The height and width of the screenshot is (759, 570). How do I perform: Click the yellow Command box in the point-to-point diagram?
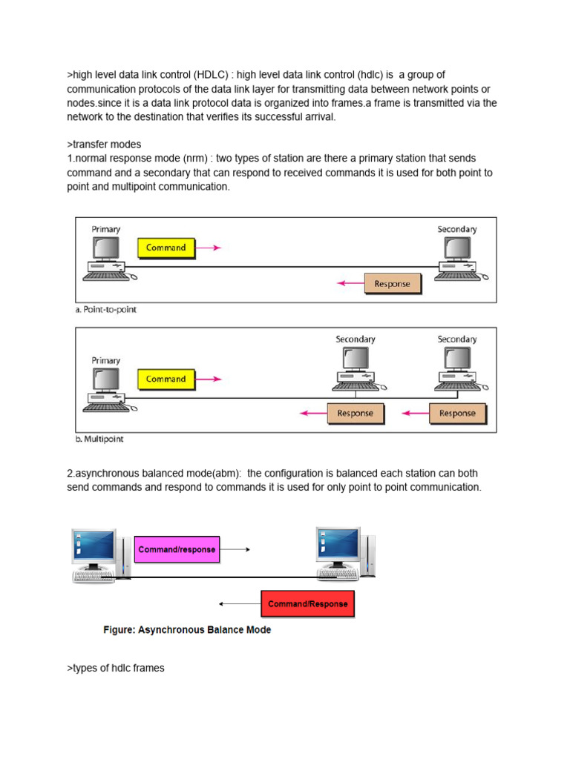click(166, 248)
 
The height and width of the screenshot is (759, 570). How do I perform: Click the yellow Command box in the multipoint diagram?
click(166, 379)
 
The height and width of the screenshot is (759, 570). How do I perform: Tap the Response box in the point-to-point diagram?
click(392, 284)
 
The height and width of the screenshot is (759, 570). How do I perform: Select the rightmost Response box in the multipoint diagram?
click(457, 414)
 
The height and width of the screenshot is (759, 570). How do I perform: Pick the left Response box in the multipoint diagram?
click(356, 414)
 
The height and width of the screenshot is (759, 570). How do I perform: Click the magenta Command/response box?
click(177, 550)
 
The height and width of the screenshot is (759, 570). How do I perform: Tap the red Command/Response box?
click(308, 604)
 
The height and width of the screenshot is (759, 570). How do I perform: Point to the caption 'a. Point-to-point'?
click(106, 310)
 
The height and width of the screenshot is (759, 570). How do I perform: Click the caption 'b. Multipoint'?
click(99, 439)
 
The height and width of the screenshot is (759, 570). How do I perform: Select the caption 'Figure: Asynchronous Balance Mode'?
click(187, 630)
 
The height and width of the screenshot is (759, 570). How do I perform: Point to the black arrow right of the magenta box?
click(237, 550)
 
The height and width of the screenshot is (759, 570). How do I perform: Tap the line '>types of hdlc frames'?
click(116, 668)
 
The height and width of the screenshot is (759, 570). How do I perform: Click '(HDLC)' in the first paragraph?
click(214, 75)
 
